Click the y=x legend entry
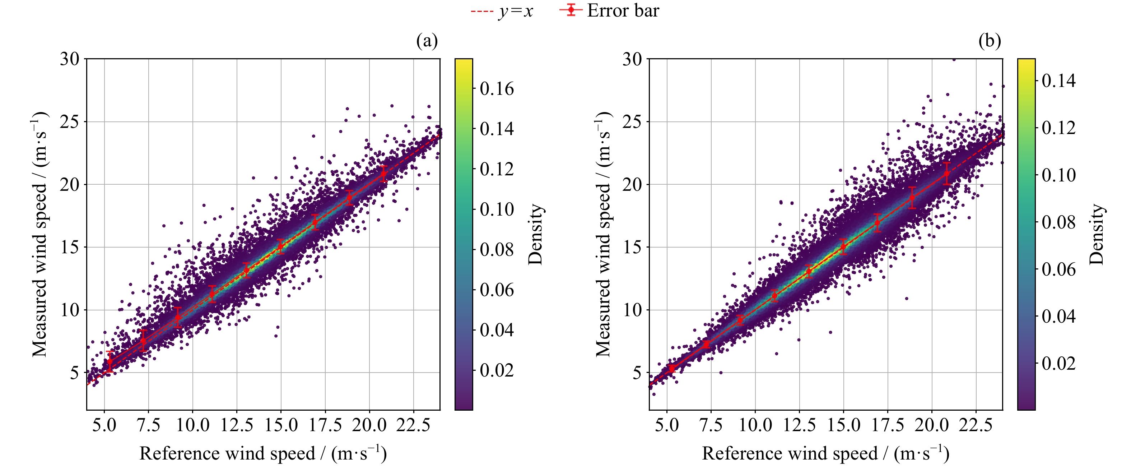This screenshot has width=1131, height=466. (x=502, y=11)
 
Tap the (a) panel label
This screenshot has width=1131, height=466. (x=427, y=41)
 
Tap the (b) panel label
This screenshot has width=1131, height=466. (x=990, y=41)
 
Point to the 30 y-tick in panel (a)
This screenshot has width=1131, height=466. (x=70, y=59)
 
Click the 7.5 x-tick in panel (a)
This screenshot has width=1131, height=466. (x=148, y=425)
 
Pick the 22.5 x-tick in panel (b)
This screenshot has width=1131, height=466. (x=976, y=425)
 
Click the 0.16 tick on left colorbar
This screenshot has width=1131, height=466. (x=497, y=89)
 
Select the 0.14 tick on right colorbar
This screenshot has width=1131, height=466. (x=1058, y=80)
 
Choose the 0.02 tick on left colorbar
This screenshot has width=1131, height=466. (x=497, y=370)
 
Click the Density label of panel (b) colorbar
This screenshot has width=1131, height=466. (x=1096, y=234)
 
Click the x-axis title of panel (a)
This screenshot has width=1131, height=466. (x=263, y=454)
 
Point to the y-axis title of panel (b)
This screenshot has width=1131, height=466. (x=604, y=234)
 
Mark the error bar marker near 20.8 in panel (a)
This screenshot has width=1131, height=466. (x=383, y=174)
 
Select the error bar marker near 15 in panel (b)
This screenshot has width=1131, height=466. (x=843, y=247)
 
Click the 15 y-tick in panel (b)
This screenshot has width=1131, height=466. (x=632, y=247)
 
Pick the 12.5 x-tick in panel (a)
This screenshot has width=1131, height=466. (x=237, y=425)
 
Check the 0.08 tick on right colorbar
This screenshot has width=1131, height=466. (x=1058, y=222)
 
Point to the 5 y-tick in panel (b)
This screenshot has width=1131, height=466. (x=637, y=373)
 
